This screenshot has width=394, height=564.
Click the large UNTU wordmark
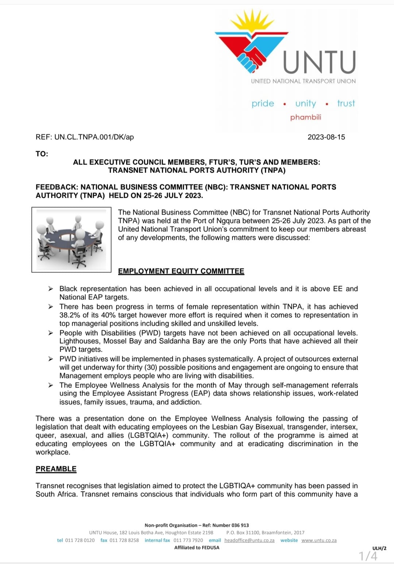click(319, 62)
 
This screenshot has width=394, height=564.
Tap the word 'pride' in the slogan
click(263, 103)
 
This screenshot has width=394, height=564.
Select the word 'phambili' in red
click(306, 117)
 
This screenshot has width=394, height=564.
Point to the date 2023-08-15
click(326, 137)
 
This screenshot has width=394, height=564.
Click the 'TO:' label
click(42, 154)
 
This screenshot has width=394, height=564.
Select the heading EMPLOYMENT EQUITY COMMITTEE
click(181, 271)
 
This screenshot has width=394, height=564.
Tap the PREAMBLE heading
click(56, 469)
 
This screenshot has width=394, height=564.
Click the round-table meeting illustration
click(72, 240)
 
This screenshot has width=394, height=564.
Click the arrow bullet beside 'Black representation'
click(51, 289)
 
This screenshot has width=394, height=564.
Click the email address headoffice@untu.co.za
click(249, 540)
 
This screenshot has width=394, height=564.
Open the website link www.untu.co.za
click(319, 540)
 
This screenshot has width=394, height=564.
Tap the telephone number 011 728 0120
click(80, 540)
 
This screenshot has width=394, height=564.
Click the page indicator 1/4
click(368, 556)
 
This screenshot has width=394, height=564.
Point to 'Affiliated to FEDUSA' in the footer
click(197, 548)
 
